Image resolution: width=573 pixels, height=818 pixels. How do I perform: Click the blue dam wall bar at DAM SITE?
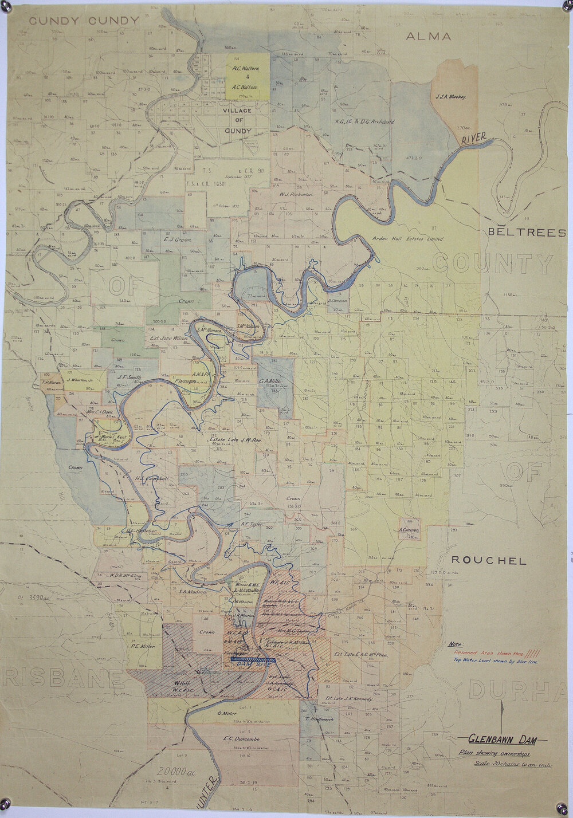(252, 659)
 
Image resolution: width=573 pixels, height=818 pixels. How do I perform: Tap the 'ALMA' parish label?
(428, 37)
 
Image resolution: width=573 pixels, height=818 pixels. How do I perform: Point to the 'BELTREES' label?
(527, 233)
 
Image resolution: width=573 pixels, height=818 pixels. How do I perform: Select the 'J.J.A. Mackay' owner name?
(451, 97)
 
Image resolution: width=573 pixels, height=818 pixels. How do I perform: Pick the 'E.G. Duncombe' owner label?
(241, 739)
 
